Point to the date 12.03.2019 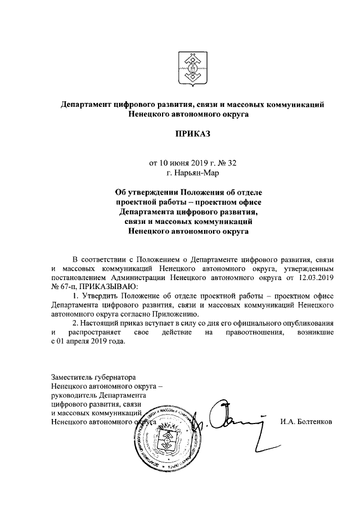point(316,277)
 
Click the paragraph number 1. point(75,296)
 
